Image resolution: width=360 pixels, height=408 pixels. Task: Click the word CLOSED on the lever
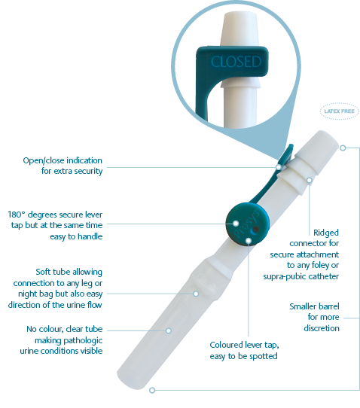click(236, 62)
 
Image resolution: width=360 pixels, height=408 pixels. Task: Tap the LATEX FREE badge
click(339, 111)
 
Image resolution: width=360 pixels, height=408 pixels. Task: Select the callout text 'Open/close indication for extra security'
click(63, 166)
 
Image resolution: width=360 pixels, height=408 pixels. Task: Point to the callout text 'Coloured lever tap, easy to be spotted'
click(244, 350)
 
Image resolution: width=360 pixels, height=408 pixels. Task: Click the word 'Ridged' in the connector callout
click(326, 233)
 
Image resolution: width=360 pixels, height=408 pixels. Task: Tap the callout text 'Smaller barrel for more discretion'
click(315, 317)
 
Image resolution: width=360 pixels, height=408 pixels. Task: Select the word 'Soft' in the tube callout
click(43, 272)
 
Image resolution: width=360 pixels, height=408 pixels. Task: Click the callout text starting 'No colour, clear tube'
click(62, 340)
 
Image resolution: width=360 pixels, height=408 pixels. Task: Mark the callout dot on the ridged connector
click(310, 180)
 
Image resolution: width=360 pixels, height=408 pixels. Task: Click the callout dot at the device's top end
click(343, 148)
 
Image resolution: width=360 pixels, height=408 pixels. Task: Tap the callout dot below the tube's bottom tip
click(152, 390)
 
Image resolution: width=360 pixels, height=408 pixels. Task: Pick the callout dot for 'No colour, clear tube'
click(169, 330)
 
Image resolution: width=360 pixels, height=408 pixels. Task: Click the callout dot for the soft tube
click(196, 294)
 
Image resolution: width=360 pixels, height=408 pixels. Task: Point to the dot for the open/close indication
click(279, 167)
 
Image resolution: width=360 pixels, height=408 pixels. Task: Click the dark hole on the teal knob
click(256, 230)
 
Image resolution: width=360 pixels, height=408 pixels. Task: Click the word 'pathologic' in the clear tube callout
click(69, 340)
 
